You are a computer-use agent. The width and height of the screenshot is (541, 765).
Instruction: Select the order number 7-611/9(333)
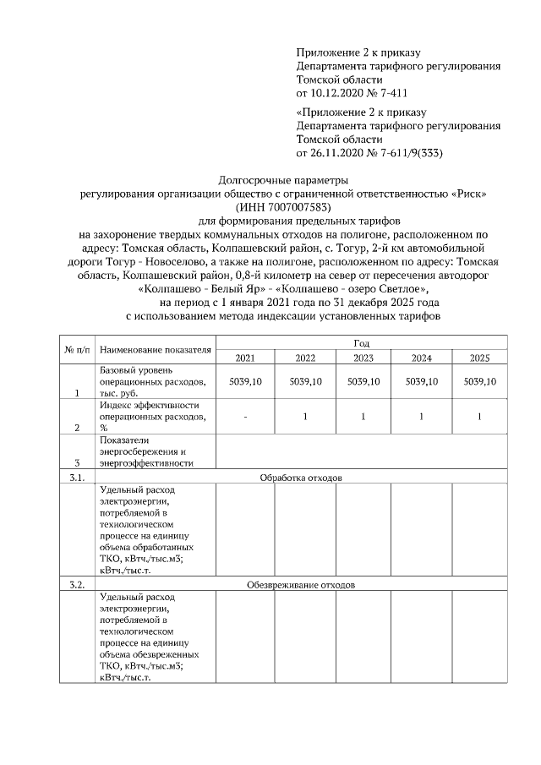(409, 153)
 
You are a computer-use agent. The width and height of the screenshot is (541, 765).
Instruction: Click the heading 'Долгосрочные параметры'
(282, 180)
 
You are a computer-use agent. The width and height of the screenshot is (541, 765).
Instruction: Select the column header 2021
(245, 358)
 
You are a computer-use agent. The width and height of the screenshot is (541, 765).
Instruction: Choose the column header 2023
(363, 358)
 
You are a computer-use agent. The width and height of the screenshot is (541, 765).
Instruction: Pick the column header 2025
(479, 358)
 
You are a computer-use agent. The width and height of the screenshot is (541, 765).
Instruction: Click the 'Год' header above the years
(362, 343)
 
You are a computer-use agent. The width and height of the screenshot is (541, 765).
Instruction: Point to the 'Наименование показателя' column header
(154, 350)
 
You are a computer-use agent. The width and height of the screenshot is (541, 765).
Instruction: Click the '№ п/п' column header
(75, 350)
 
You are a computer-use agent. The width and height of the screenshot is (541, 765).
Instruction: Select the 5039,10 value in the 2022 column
(305, 382)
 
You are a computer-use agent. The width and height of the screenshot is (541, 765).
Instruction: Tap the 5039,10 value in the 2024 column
(422, 382)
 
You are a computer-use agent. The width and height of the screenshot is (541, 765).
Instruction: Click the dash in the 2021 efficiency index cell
(245, 417)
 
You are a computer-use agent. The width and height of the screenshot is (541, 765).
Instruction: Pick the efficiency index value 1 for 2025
(479, 417)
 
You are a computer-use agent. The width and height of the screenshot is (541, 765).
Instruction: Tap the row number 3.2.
(75, 584)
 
